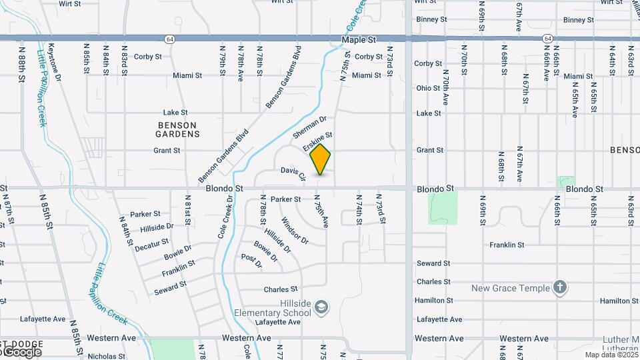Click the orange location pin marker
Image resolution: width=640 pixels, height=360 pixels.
(x=320, y=159)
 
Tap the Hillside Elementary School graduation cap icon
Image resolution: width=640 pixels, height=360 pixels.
(x=321, y=307)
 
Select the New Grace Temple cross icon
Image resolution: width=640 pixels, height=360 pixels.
(x=561, y=287)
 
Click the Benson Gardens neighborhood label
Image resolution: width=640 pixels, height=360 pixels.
(x=178, y=129)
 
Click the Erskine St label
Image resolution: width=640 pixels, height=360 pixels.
(x=317, y=141)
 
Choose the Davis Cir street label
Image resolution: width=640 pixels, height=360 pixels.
(x=293, y=173)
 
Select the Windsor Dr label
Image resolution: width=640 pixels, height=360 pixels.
(x=295, y=230)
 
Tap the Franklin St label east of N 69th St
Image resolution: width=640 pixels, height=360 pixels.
(x=507, y=245)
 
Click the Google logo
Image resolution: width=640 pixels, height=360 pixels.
(x=22, y=352)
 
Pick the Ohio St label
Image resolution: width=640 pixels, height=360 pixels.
(x=428, y=88)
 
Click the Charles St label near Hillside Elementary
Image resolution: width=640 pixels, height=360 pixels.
(x=281, y=289)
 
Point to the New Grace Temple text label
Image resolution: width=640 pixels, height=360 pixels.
(x=511, y=288)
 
